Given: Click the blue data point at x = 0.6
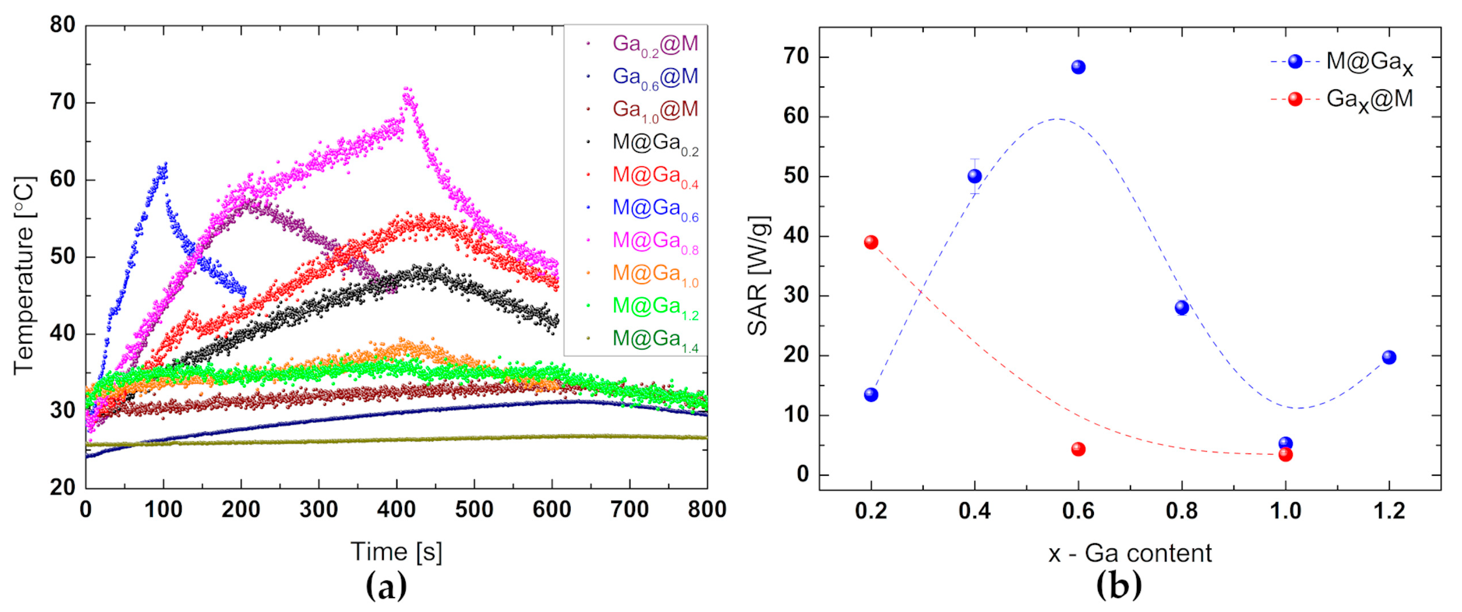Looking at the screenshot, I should coord(1078,67).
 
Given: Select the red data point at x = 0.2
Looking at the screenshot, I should coord(871,243).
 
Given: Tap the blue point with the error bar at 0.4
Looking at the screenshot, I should coord(974,176).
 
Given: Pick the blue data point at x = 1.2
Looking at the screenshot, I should coord(1389,357).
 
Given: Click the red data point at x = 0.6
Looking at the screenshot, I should coord(1078,449).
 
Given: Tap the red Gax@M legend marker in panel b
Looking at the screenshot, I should coord(1295,99).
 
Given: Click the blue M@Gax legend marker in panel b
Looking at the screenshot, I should coord(1295,61).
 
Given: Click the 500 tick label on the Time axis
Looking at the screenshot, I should coord(474,509).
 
